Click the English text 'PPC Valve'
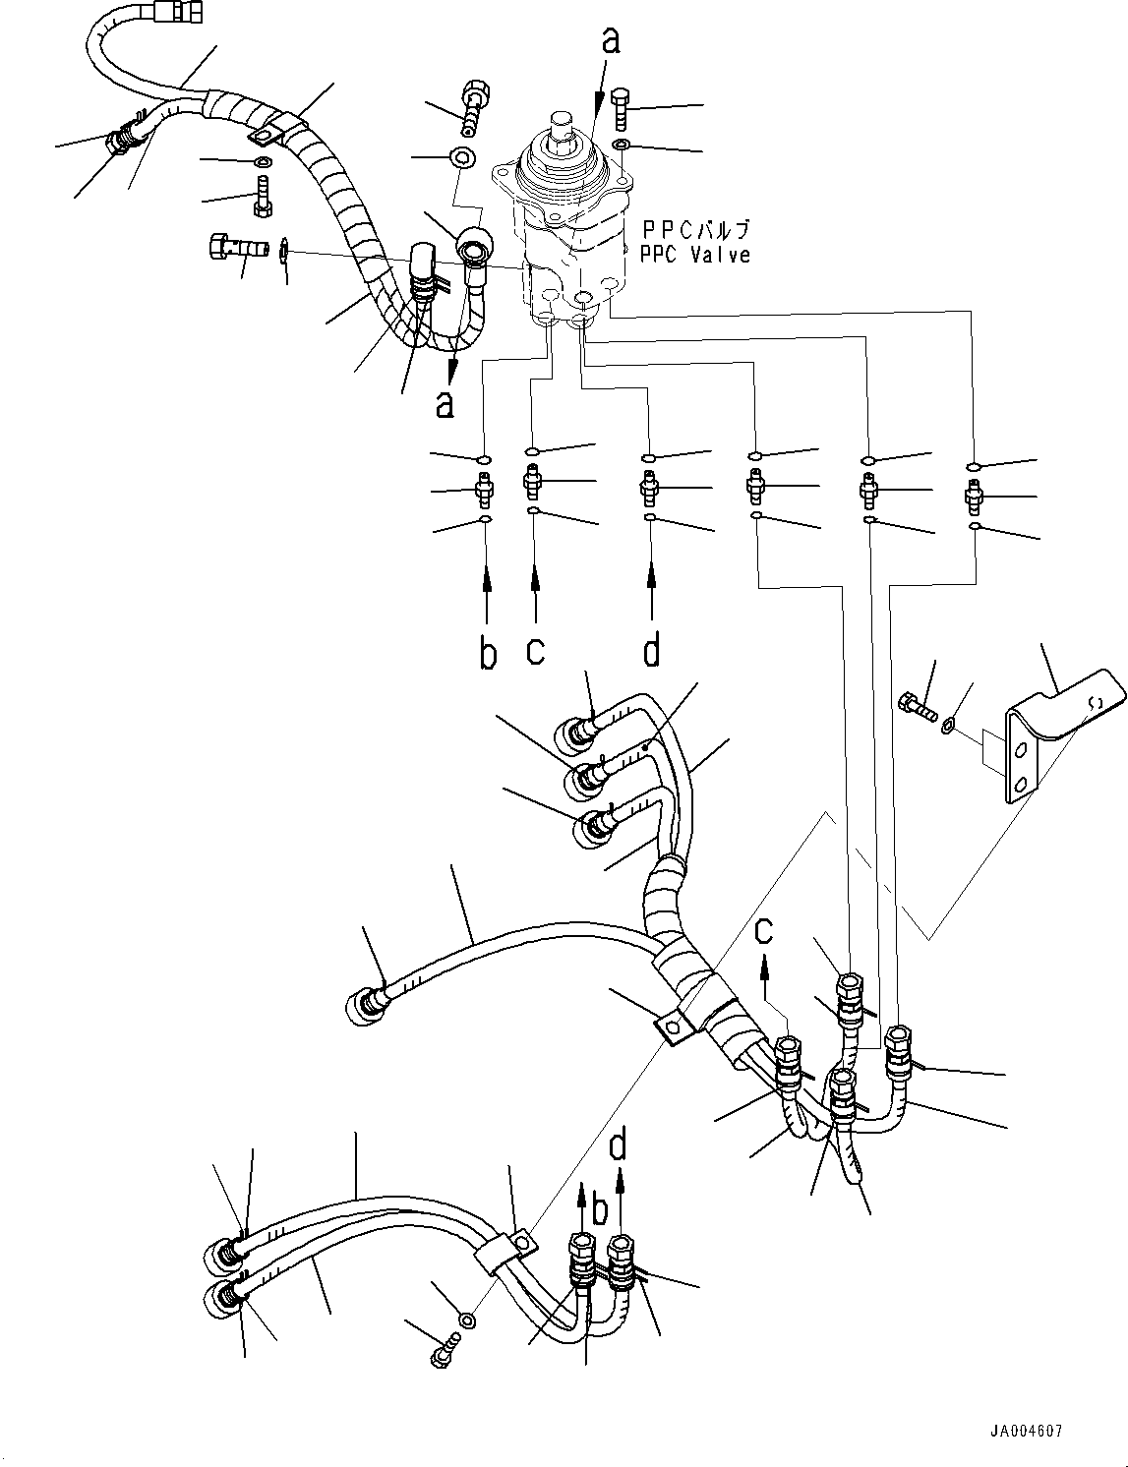[694, 255]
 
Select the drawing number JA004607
[1026, 1432]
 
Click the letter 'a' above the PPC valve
[612, 40]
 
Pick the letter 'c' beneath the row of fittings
[535, 651]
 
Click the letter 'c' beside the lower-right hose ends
[764, 929]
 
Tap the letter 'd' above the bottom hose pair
[619, 1145]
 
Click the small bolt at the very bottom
[443, 1354]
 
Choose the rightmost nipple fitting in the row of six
[974, 497]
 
